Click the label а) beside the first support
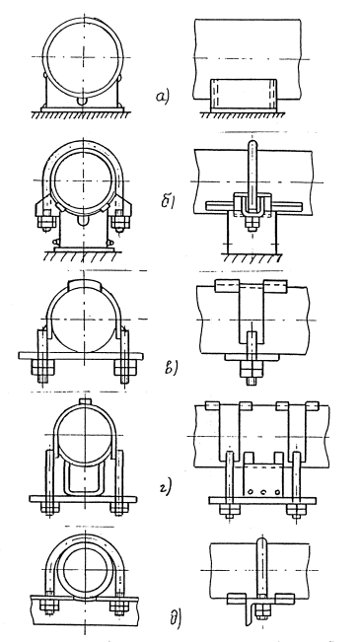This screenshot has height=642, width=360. tap(162, 98)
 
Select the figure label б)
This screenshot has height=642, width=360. tap(168, 201)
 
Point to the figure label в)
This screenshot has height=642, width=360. tap(170, 367)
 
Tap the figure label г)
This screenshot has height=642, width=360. tap(165, 487)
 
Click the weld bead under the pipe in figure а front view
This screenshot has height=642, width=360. tap(83, 101)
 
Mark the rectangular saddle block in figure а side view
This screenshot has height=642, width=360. tap(244, 96)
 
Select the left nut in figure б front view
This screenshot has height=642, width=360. tap(46, 223)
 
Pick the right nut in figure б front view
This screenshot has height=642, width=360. tap(119, 223)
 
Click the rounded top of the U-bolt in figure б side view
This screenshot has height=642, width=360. tap(253, 144)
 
